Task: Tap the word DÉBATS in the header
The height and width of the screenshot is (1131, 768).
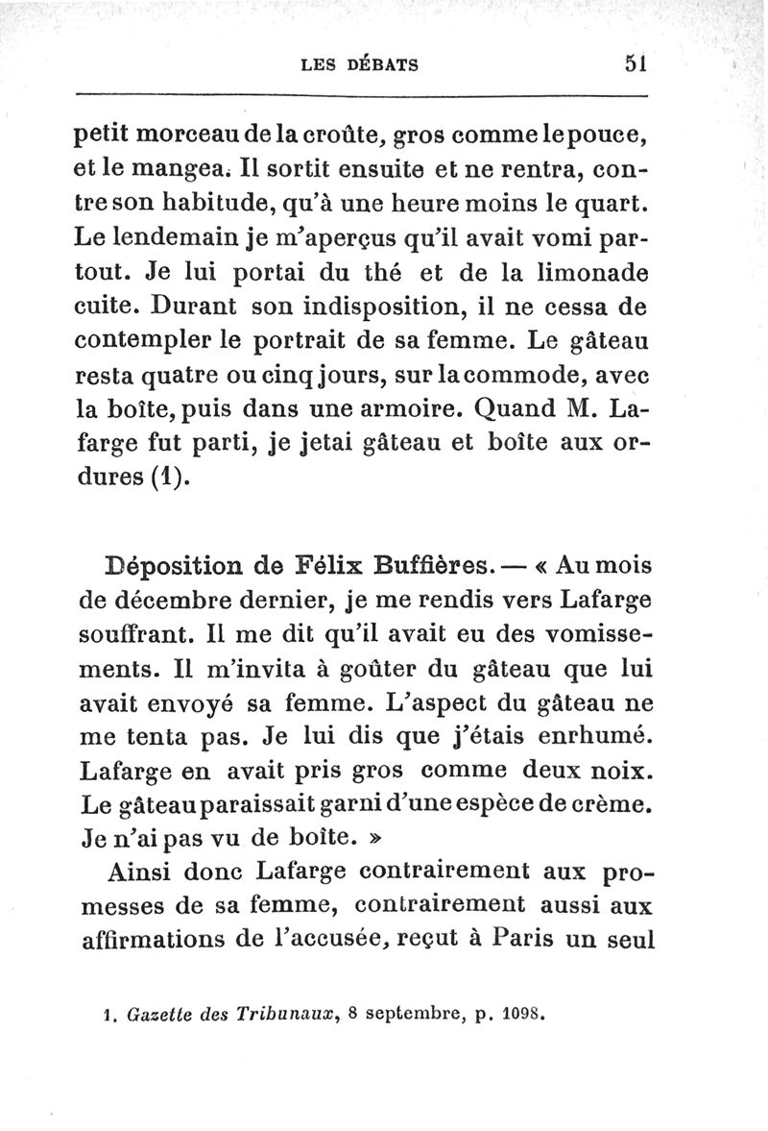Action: pos(381,65)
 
